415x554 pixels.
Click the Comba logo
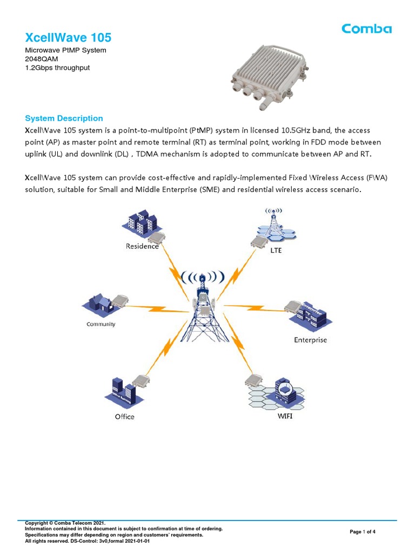pyautogui.click(x=366, y=29)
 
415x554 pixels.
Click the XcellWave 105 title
pyautogui.click(x=69, y=37)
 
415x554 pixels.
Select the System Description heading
pyautogui.click(x=64, y=118)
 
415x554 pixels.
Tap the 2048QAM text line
pyautogui.click(x=42, y=59)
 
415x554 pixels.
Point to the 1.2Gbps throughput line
pyautogui.click(x=57, y=68)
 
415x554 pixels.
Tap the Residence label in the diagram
pyautogui.click(x=142, y=246)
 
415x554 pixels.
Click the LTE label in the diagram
pyautogui.click(x=277, y=250)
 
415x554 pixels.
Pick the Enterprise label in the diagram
pyautogui.click(x=310, y=340)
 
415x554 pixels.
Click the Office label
pyautogui.click(x=124, y=417)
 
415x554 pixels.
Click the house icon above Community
pyautogui.click(x=97, y=303)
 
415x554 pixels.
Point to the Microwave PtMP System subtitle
pyautogui.click(x=66, y=50)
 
